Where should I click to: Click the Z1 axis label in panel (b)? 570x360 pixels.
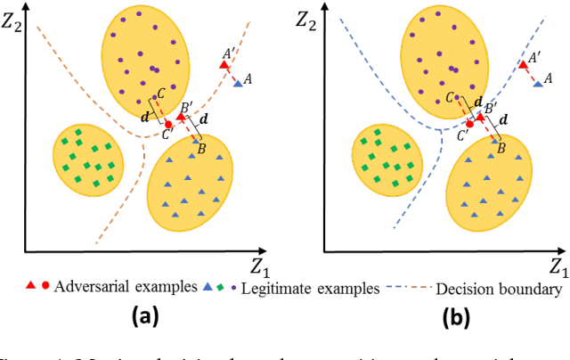click(557, 266)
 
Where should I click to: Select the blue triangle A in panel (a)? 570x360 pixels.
click(238, 84)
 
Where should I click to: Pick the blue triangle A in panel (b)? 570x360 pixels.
click(537, 84)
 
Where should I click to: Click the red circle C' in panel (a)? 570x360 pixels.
click(168, 124)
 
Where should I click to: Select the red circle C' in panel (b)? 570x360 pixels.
click(468, 124)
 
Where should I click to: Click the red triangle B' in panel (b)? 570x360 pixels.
click(480, 117)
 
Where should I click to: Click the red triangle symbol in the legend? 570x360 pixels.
click(29, 287)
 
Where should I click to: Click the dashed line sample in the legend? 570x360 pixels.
click(406, 287)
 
